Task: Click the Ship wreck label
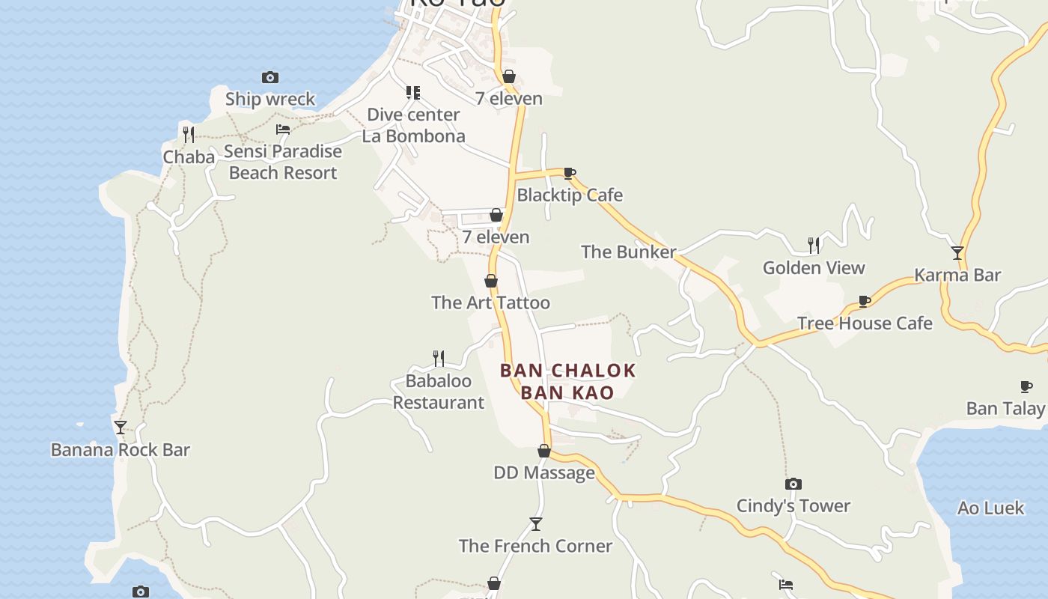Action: point(270,99)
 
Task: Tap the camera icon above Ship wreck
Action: point(270,77)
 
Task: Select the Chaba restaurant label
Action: point(189,157)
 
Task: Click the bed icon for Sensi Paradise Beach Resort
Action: point(283,130)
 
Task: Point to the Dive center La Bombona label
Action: point(413,125)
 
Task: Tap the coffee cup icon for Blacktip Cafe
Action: point(570,174)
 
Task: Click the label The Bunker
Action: point(629,252)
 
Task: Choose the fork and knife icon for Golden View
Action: point(814,245)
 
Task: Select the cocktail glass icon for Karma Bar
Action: point(957,253)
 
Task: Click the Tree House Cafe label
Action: point(865,323)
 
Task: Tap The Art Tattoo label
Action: point(490,302)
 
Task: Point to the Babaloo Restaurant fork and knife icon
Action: point(439,359)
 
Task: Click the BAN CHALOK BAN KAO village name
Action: point(567,381)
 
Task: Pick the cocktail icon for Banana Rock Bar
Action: point(121,428)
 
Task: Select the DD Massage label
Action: point(544,472)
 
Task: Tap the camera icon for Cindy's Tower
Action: point(793,484)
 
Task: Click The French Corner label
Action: point(535,546)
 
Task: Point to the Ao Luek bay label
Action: point(990,508)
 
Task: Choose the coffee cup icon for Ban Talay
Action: point(1026,386)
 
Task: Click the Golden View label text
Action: point(814,267)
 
